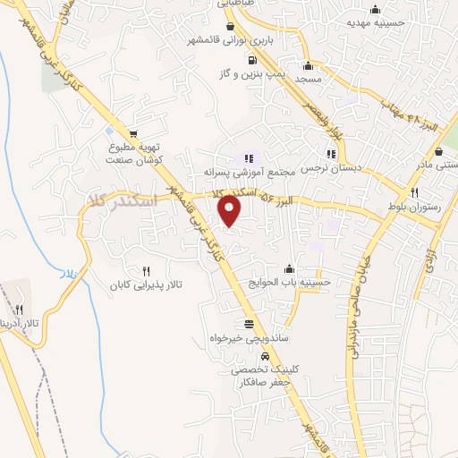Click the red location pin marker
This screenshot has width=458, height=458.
pos(231,212)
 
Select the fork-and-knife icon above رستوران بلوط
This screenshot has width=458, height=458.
pos(414,192)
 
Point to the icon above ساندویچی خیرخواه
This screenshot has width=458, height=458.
pos(248,324)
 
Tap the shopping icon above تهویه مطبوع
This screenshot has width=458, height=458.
pos(134,132)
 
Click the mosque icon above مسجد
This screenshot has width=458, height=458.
pos(309,65)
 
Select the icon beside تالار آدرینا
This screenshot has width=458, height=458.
pos(19,309)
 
